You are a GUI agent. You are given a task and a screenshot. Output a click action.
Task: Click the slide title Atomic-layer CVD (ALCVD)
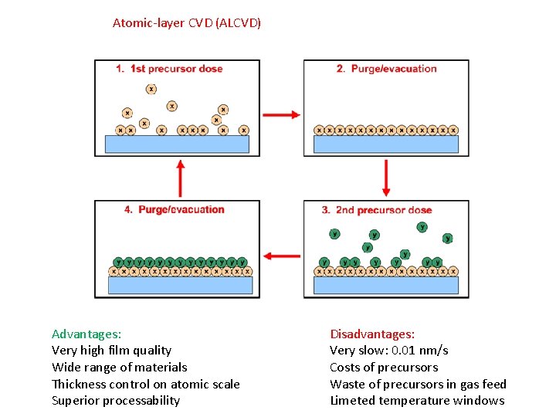tap(187, 23)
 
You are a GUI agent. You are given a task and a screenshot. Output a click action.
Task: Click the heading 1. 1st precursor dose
tap(169, 69)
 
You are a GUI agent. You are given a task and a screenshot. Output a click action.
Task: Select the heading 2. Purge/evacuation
tap(386, 69)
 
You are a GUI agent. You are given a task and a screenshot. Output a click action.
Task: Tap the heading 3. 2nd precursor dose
tap(377, 210)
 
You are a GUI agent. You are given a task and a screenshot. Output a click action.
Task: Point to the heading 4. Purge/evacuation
tap(174, 209)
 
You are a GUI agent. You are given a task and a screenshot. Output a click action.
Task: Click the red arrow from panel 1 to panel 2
tap(281, 114)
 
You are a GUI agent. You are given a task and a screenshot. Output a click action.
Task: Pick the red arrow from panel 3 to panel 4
tap(281, 256)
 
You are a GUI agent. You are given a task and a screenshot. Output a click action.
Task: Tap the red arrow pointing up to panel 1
tap(180, 178)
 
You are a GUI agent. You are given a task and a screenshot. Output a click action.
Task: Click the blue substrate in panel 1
tap(179, 144)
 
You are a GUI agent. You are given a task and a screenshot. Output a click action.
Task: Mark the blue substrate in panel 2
tap(386, 144)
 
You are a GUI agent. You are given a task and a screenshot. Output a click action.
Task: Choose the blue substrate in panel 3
tap(386, 286)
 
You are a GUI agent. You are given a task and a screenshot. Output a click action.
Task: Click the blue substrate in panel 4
tap(180, 285)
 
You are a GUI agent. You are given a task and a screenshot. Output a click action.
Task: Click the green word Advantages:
tap(86, 334)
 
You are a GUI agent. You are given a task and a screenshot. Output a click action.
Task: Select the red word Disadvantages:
tap(372, 334)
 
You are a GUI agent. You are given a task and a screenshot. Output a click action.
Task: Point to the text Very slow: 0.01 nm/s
tap(389, 351)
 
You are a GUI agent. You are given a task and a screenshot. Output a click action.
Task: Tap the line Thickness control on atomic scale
tap(146, 384)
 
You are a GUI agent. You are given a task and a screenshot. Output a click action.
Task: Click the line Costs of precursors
tap(384, 368)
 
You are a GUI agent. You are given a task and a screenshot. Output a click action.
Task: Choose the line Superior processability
tap(116, 400)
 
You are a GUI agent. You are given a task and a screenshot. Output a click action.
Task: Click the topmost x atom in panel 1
tap(151, 89)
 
